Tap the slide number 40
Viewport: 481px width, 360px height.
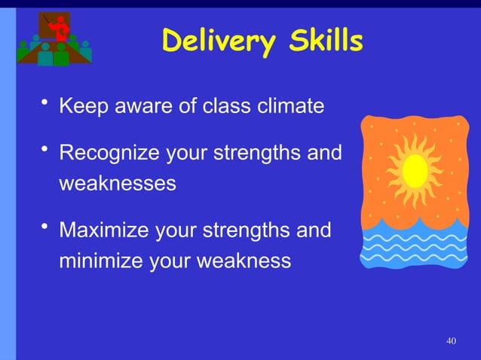click(x=451, y=342)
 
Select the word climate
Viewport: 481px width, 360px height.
click(x=287, y=106)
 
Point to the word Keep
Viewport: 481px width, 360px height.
click(x=82, y=106)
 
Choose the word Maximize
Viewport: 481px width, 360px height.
click(x=104, y=230)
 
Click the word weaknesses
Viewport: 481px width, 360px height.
click(x=118, y=183)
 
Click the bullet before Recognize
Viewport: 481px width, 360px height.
click(x=45, y=151)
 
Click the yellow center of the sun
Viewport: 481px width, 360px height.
click(x=415, y=171)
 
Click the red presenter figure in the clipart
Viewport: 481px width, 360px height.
click(x=59, y=29)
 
